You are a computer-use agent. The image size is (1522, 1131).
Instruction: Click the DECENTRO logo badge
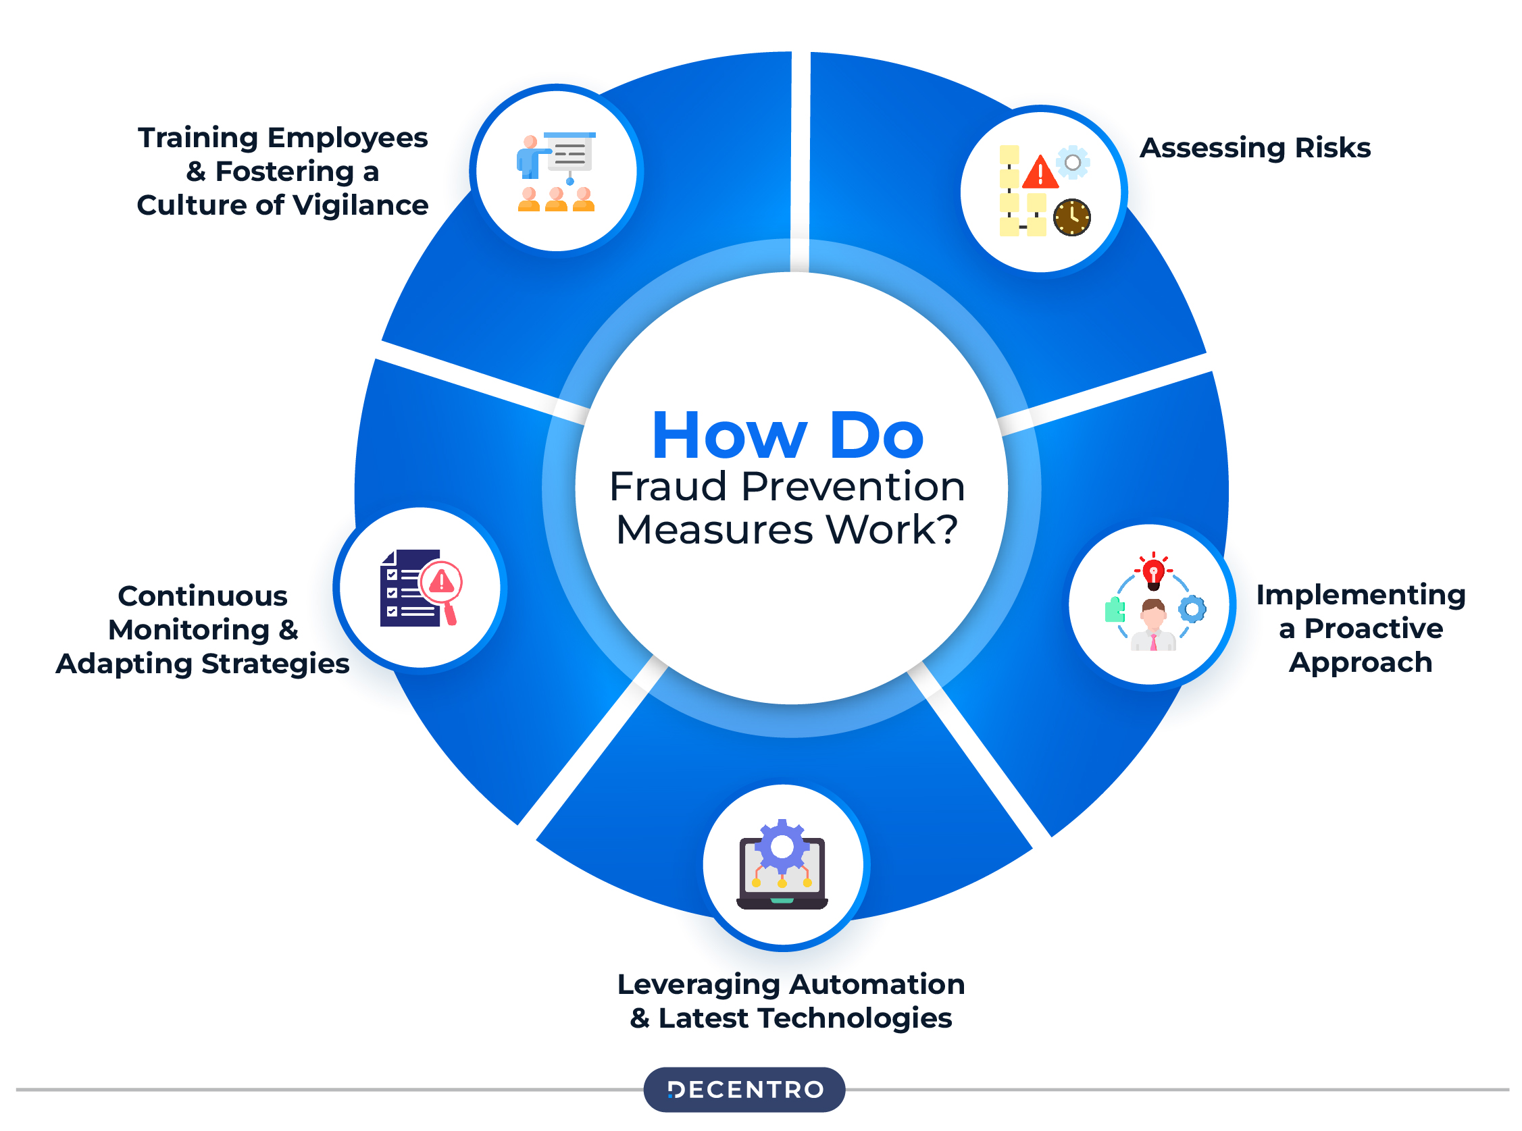pos(744,1089)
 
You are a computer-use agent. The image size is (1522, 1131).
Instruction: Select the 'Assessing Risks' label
pos(1255,148)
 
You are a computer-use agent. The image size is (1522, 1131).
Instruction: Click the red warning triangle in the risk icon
pos(1040,172)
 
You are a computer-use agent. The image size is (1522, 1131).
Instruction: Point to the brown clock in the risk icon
pos(1071,217)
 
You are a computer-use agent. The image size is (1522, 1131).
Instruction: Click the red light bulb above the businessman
pos(1153,573)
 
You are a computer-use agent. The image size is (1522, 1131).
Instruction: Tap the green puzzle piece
pos(1115,609)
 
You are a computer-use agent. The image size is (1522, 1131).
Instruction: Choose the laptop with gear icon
pos(782,866)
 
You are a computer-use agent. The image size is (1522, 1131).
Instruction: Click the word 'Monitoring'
pos(189,630)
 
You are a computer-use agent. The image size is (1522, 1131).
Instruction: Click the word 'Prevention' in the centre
pos(853,487)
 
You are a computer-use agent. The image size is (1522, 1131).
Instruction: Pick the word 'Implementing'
pos(1361,595)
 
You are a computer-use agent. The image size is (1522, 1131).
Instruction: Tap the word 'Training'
pos(197,138)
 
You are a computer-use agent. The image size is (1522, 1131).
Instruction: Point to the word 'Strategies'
pos(275,663)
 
